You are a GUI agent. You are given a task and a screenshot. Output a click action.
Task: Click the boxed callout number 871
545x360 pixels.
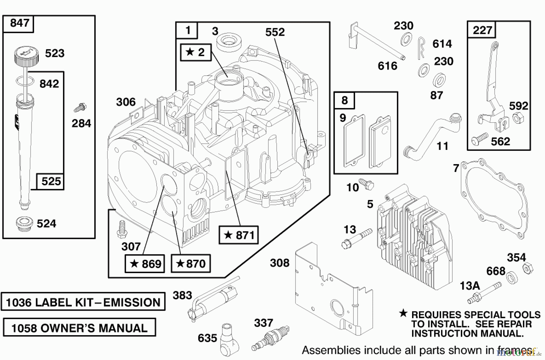point(239,235)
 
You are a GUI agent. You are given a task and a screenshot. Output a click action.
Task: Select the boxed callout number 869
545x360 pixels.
point(145,263)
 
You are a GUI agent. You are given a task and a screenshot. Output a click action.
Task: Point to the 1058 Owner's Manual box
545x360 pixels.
point(79,328)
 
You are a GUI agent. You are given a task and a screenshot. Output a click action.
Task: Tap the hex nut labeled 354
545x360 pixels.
point(528,268)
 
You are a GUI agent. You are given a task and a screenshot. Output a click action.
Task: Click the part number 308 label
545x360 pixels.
point(279,263)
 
